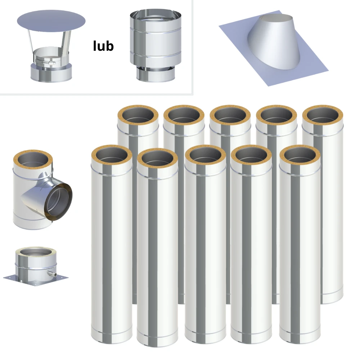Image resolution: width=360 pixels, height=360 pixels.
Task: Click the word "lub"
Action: pos(103,46)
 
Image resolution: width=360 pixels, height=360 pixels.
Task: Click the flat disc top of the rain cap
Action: pos(51,21)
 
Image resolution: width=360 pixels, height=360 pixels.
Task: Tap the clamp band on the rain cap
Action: pos(45,62)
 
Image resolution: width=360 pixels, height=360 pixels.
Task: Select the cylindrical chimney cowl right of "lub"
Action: pos(156,45)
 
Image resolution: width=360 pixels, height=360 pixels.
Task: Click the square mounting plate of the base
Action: pos(36,280)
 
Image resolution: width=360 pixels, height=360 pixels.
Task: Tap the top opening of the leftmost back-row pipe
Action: pos(138,115)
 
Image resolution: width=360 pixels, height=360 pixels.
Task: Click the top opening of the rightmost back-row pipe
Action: pos(323,115)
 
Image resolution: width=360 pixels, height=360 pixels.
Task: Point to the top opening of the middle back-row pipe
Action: pos(230,115)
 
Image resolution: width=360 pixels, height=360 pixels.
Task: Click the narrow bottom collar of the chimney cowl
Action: pos(156,74)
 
